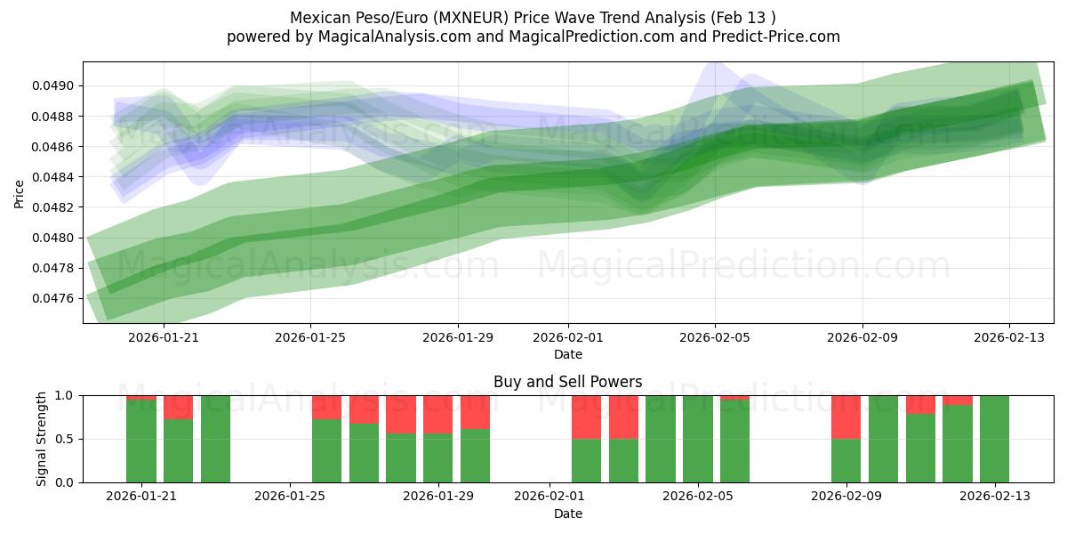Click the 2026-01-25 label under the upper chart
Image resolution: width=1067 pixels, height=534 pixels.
click(x=310, y=338)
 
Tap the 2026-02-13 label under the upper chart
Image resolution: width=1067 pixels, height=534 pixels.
click(x=1008, y=338)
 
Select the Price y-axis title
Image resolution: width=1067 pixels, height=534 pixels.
click(x=20, y=192)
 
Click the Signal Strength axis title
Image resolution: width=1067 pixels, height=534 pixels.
click(x=42, y=439)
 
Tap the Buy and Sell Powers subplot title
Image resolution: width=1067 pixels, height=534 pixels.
click(x=567, y=382)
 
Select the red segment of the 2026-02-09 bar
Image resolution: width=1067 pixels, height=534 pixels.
click(x=846, y=417)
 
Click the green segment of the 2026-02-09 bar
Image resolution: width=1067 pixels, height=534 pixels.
click(x=846, y=461)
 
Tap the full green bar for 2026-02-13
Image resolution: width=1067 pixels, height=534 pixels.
click(x=994, y=439)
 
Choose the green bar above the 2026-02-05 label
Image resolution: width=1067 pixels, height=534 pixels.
click(x=698, y=439)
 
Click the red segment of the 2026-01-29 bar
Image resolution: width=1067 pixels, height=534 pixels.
click(x=437, y=414)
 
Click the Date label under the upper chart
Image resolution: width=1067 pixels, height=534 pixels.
click(x=567, y=354)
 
